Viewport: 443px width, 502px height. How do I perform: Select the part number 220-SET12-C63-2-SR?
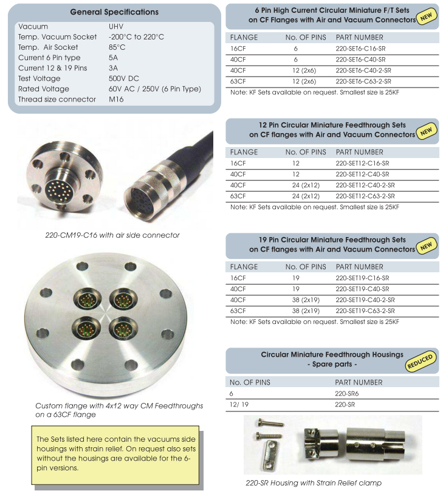365,196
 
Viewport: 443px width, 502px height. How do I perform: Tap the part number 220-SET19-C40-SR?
362,289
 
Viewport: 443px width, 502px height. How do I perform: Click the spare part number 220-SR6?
346,393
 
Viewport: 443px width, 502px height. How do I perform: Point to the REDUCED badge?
421,361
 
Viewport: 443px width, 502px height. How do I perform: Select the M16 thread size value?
117,99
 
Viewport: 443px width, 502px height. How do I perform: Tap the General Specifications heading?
114,12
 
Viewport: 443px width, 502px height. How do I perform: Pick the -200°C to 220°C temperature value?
136,37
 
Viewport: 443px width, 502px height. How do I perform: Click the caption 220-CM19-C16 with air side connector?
112,235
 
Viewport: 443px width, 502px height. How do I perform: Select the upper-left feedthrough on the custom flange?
85,300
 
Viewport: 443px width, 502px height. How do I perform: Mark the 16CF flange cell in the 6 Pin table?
238,48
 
